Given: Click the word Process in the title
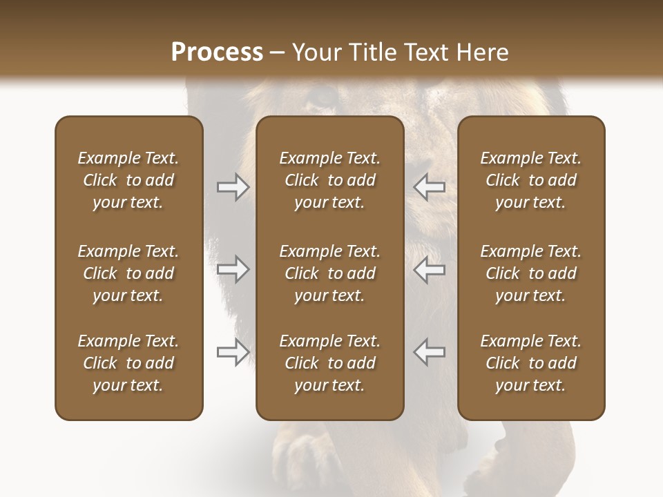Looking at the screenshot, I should coord(217,52).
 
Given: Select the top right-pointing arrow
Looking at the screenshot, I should coord(233,187).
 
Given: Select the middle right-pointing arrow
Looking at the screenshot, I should coord(233,269).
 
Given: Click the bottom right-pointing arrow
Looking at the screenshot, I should coord(233,352).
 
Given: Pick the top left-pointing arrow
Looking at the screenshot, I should coord(429,187).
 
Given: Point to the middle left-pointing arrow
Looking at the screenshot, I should coord(429,269).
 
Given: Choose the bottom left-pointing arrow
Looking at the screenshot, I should coord(429,352).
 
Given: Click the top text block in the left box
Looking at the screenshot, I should coord(128,180).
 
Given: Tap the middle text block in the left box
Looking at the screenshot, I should coord(128,273).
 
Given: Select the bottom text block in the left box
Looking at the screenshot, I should coord(128,363).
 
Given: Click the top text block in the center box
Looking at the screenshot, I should coord(329,180).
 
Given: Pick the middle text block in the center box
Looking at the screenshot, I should coord(329,273).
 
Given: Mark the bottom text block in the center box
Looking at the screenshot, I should coord(329,363).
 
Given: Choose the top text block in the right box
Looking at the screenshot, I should coord(530,180).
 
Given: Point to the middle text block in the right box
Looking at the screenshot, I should coord(530,273).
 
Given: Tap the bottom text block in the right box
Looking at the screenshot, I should coord(530,363).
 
